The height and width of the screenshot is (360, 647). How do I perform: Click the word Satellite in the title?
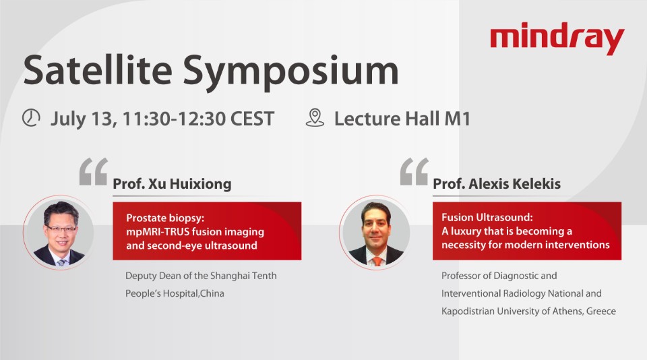click(x=97, y=70)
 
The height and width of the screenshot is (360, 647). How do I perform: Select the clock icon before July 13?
click(x=31, y=118)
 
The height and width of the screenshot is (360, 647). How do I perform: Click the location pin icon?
click(x=315, y=118)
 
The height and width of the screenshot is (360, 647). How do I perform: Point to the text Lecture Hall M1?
click(x=402, y=119)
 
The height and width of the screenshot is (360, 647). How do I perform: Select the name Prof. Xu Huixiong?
click(x=172, y=184)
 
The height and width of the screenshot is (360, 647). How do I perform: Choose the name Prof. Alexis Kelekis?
click(x=497, y=184)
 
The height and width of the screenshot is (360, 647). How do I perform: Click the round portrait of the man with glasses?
click(x=59, y=233)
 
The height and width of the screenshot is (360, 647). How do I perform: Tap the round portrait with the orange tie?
click(x=375, y=233)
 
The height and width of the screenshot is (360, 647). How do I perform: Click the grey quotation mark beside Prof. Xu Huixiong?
click(x=94, y=171)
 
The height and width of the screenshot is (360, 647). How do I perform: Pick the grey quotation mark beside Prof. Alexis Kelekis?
click(x=414, y=171)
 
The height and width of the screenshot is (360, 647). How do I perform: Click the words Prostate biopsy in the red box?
click(x=165, y=218)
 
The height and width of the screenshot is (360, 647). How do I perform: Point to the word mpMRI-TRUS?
click(x=158, y=232)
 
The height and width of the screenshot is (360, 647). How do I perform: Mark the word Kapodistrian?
click(x=468, y=311)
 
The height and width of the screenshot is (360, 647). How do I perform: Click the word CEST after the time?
click(x=252, y=119)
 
